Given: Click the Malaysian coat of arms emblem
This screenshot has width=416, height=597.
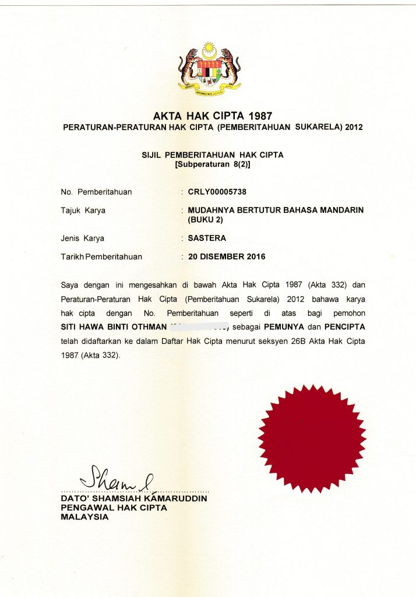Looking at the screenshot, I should tap(209, 69).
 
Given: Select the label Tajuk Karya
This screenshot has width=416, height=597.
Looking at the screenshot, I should tap(83, 210).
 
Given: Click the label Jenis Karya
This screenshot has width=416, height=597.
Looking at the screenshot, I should tap(83, 238).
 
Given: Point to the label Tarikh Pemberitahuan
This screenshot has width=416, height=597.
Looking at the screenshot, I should tap(101, 257).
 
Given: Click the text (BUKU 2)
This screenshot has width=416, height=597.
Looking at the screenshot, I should tap(205, 220).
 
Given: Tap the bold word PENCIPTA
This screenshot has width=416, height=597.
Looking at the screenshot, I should tap(345, 328).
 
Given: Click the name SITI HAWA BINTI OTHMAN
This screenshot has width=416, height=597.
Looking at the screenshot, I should tap(113, 328).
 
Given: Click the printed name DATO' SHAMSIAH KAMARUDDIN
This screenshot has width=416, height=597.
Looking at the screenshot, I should tap(134, 499).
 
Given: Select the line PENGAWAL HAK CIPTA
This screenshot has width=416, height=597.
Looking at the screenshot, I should tap(114, 508).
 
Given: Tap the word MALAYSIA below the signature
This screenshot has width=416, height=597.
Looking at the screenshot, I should tap(84, 517).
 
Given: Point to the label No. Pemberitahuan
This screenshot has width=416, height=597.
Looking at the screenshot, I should tap(96, 192).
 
